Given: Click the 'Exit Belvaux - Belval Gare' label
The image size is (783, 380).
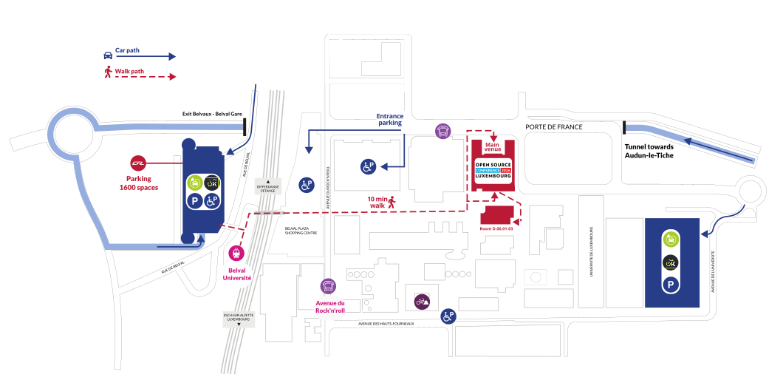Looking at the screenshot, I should click(x=212, y=114).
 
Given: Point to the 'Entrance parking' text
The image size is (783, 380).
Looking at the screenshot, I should click(x=389, y=121).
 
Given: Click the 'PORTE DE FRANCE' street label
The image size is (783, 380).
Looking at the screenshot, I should click(x=553, y=127).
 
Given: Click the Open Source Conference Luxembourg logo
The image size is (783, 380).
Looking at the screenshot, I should click(x=493, y=171).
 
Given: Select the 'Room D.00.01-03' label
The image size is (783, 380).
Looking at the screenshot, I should click(x=496, y=229).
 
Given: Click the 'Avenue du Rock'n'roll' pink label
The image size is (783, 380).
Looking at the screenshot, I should click(x=330, y=307).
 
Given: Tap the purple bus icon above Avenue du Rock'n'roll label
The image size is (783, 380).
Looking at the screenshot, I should click(x=328, y=286).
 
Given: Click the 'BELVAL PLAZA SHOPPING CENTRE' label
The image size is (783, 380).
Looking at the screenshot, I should click(x=301, y=231).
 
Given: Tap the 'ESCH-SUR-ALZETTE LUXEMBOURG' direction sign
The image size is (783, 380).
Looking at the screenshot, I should click(x=239, y=319).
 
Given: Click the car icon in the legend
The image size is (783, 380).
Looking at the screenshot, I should click(x=108, y=55).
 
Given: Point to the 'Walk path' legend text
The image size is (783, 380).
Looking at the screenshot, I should click(x=129, y=72).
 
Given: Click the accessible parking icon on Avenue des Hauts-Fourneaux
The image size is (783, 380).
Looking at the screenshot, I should click(x=448, y=316).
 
